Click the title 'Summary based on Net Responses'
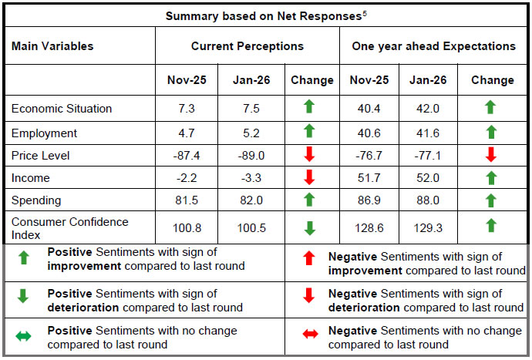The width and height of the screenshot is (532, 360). point(263,16)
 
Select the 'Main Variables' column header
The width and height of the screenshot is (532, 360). point(52,46)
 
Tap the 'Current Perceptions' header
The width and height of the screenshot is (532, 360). point(247,46)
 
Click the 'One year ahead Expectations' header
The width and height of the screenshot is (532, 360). point(434,46)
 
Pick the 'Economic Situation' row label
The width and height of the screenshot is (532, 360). point(62,109)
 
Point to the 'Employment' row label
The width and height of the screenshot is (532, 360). point(45,133)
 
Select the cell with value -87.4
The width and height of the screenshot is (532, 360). point(189,156)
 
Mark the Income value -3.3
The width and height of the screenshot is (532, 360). point(252,178)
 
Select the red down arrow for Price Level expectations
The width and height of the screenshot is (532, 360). point(491,156)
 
